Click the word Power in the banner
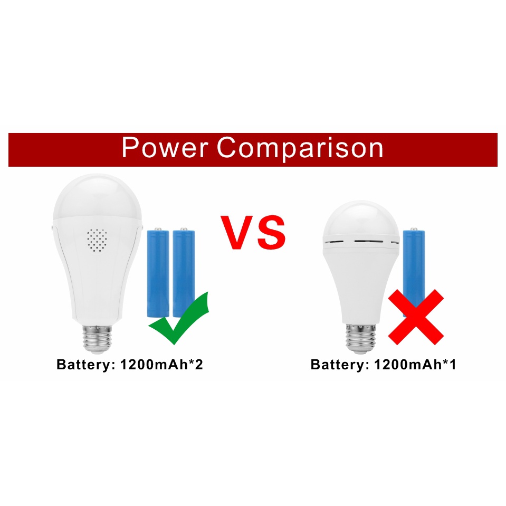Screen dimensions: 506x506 point(165,148)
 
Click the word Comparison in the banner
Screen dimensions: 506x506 point(300,148)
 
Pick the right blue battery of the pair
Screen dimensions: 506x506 point(184,269)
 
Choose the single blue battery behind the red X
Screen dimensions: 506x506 point(414,264)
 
